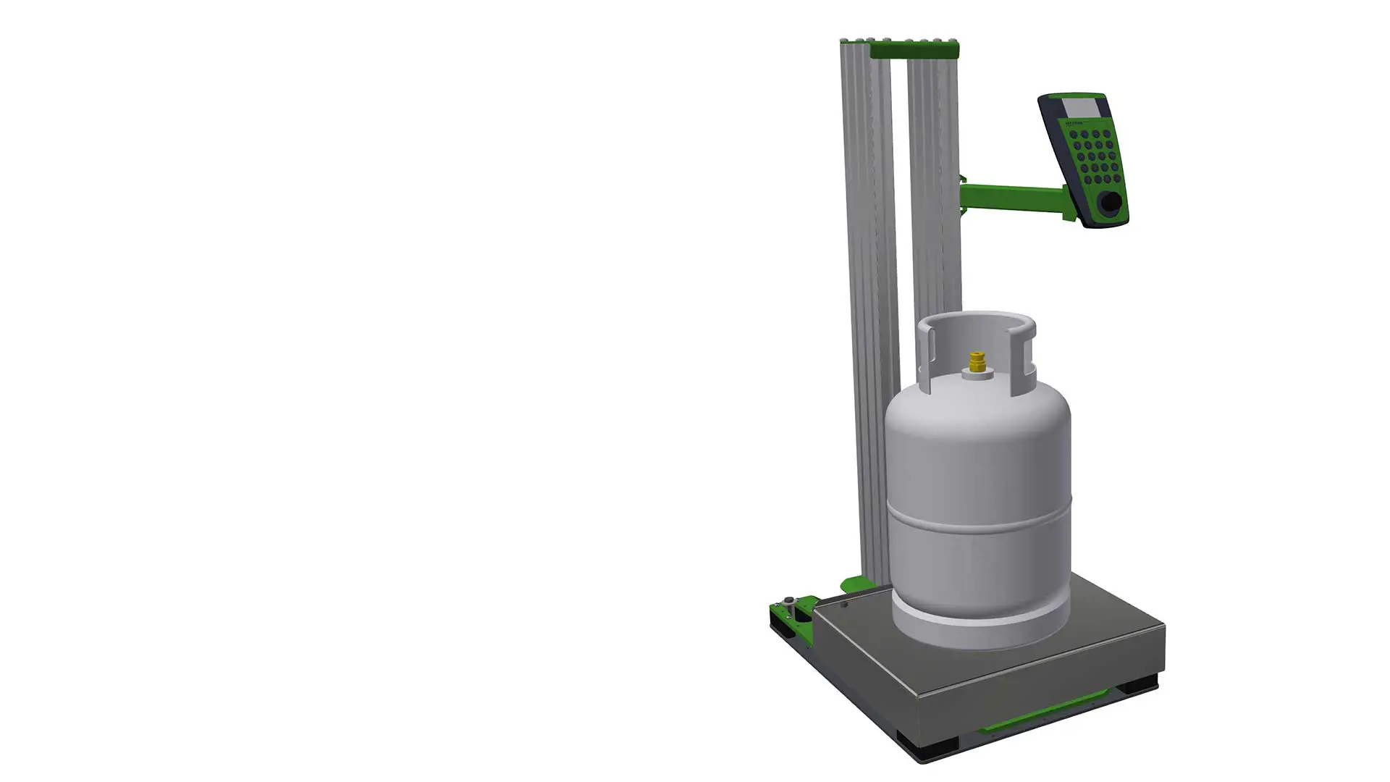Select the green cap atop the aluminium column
pyautogui.click(x=914, y=50)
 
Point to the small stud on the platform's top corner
pyautogui.click(x=844, y=603)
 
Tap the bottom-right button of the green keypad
pyautogui.click(x=1116, y=176)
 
